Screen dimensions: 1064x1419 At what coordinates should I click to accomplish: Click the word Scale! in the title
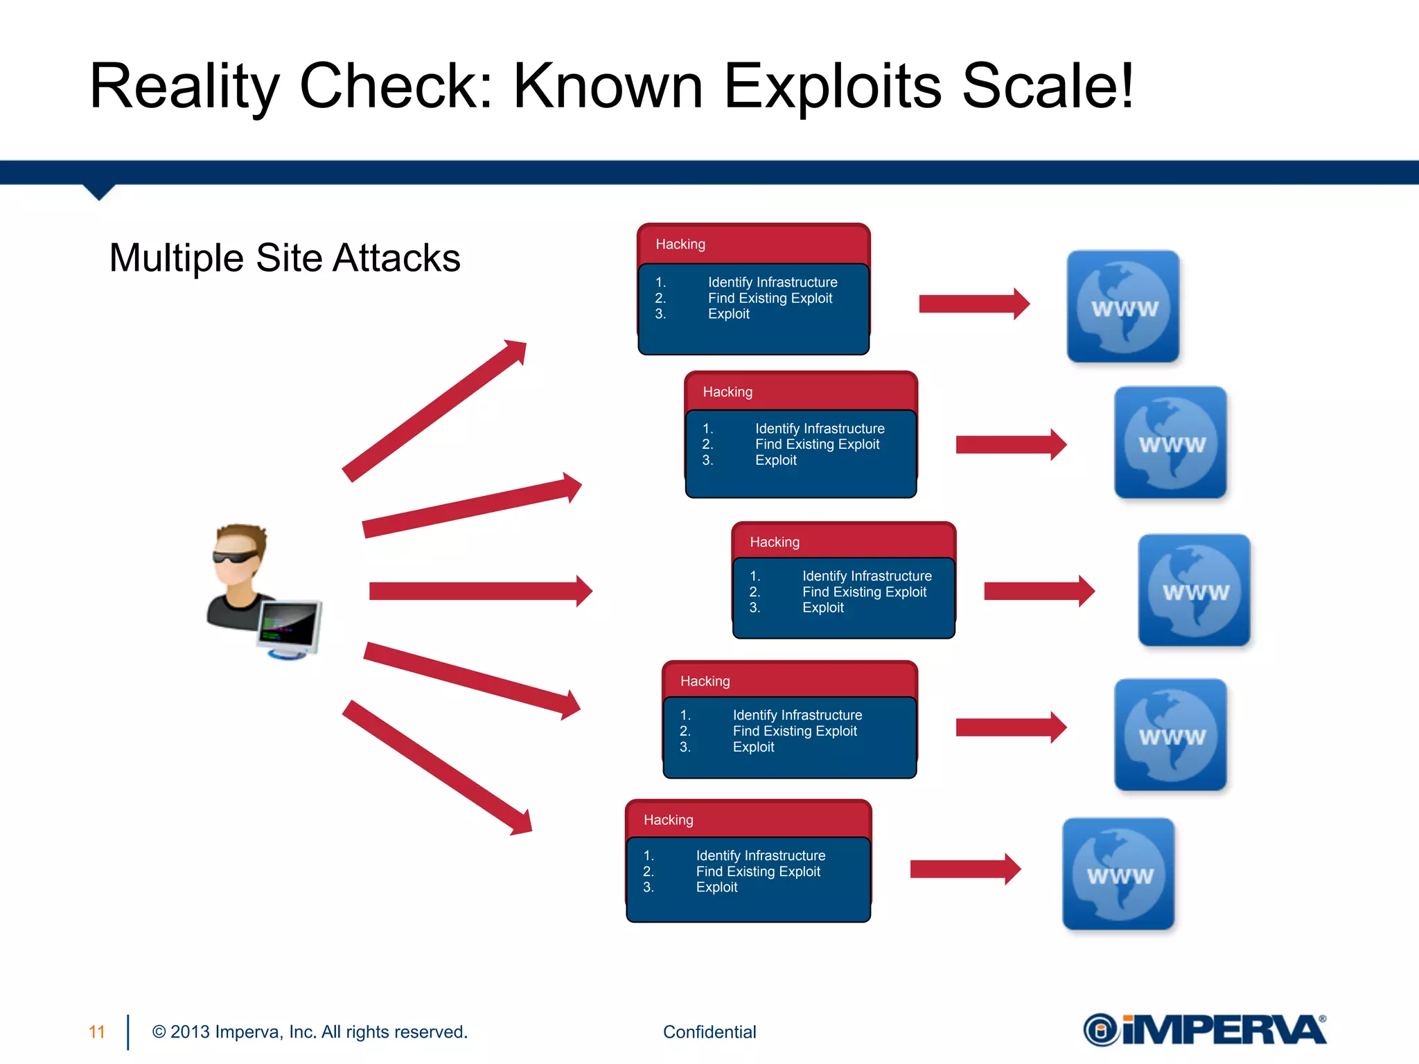(1048, 86)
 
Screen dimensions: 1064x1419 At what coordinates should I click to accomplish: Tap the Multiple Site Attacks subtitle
(285, 258)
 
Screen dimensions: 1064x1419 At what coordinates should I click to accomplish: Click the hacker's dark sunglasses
(238, 556)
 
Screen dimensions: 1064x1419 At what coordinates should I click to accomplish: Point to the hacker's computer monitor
(290, 626)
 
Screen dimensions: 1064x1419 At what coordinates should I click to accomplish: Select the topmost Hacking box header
(753, 245)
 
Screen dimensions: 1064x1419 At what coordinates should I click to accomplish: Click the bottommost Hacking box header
(748, 819)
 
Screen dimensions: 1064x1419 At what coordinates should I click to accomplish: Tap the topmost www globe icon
(1123, 306)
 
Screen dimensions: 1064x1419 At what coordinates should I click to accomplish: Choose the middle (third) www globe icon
(1195, 590)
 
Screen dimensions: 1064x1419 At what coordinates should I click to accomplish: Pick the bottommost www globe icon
(1118, 874)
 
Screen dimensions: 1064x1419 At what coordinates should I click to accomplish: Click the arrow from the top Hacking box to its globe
(973, 304)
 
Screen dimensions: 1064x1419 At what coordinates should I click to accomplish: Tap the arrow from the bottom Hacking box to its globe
(965, 869)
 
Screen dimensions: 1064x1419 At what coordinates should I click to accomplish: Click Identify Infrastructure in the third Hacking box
(867, 576)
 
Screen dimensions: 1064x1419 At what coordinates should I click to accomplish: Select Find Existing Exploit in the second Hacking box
(817, 445)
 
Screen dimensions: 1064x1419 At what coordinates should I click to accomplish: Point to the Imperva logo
(1205, 1030)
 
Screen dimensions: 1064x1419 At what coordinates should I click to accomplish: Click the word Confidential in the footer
(709, 1032)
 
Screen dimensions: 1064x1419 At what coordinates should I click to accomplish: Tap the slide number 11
(97, 1032)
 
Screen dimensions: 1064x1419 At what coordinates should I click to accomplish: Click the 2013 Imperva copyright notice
(310, 1032)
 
